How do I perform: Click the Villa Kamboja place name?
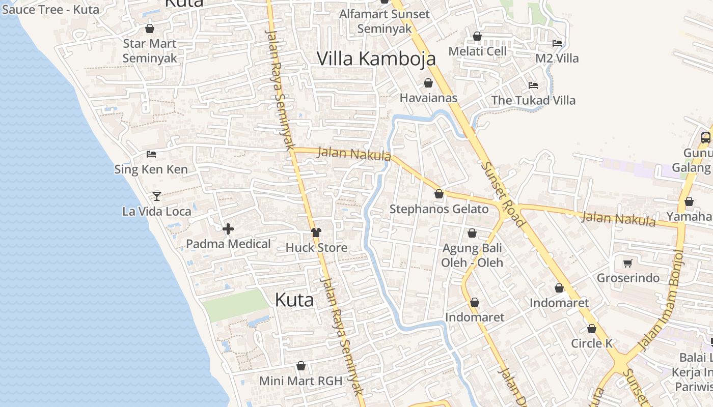click(376, 59)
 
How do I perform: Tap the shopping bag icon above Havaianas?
click(428, 83)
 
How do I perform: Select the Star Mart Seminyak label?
click(150, 51)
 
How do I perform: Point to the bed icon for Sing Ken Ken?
click(151, 154)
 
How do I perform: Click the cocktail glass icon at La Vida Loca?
click(157, 196)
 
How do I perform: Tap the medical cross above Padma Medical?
click(228, 229)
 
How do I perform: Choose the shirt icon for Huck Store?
click(316, 232)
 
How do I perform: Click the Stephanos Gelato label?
click(439, 209)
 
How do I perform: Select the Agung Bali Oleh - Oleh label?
click(472, 255)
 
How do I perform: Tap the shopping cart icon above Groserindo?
click(628, 263)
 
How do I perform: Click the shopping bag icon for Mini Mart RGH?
click(301, 366)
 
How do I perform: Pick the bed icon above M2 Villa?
click(557, 43)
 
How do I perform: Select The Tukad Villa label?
click(533, 100)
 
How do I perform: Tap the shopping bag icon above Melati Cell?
click(477, 36)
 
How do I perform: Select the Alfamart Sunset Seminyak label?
click(385, 21)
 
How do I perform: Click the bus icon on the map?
click(705, 137)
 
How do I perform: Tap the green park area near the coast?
click(235, 305)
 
